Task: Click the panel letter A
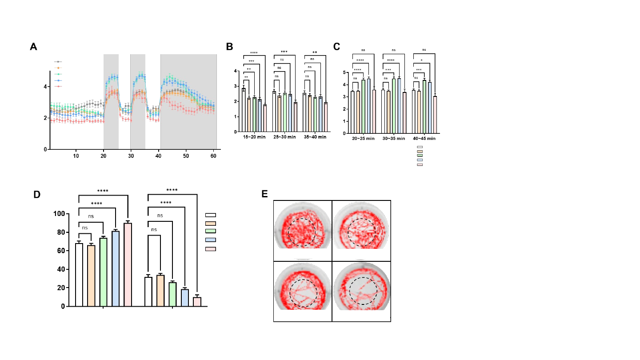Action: (33, 47)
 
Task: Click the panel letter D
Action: (38, 194)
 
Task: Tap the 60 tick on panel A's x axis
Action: (214, 156)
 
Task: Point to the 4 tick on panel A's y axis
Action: (45, 86)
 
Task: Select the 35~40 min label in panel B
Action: (315, 137)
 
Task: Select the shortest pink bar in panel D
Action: (197, 301)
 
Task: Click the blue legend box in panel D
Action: (210, 240)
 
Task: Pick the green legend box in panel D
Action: (210, 231)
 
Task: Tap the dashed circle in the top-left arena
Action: (302, 232)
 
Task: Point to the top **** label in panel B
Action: (254, 53)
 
